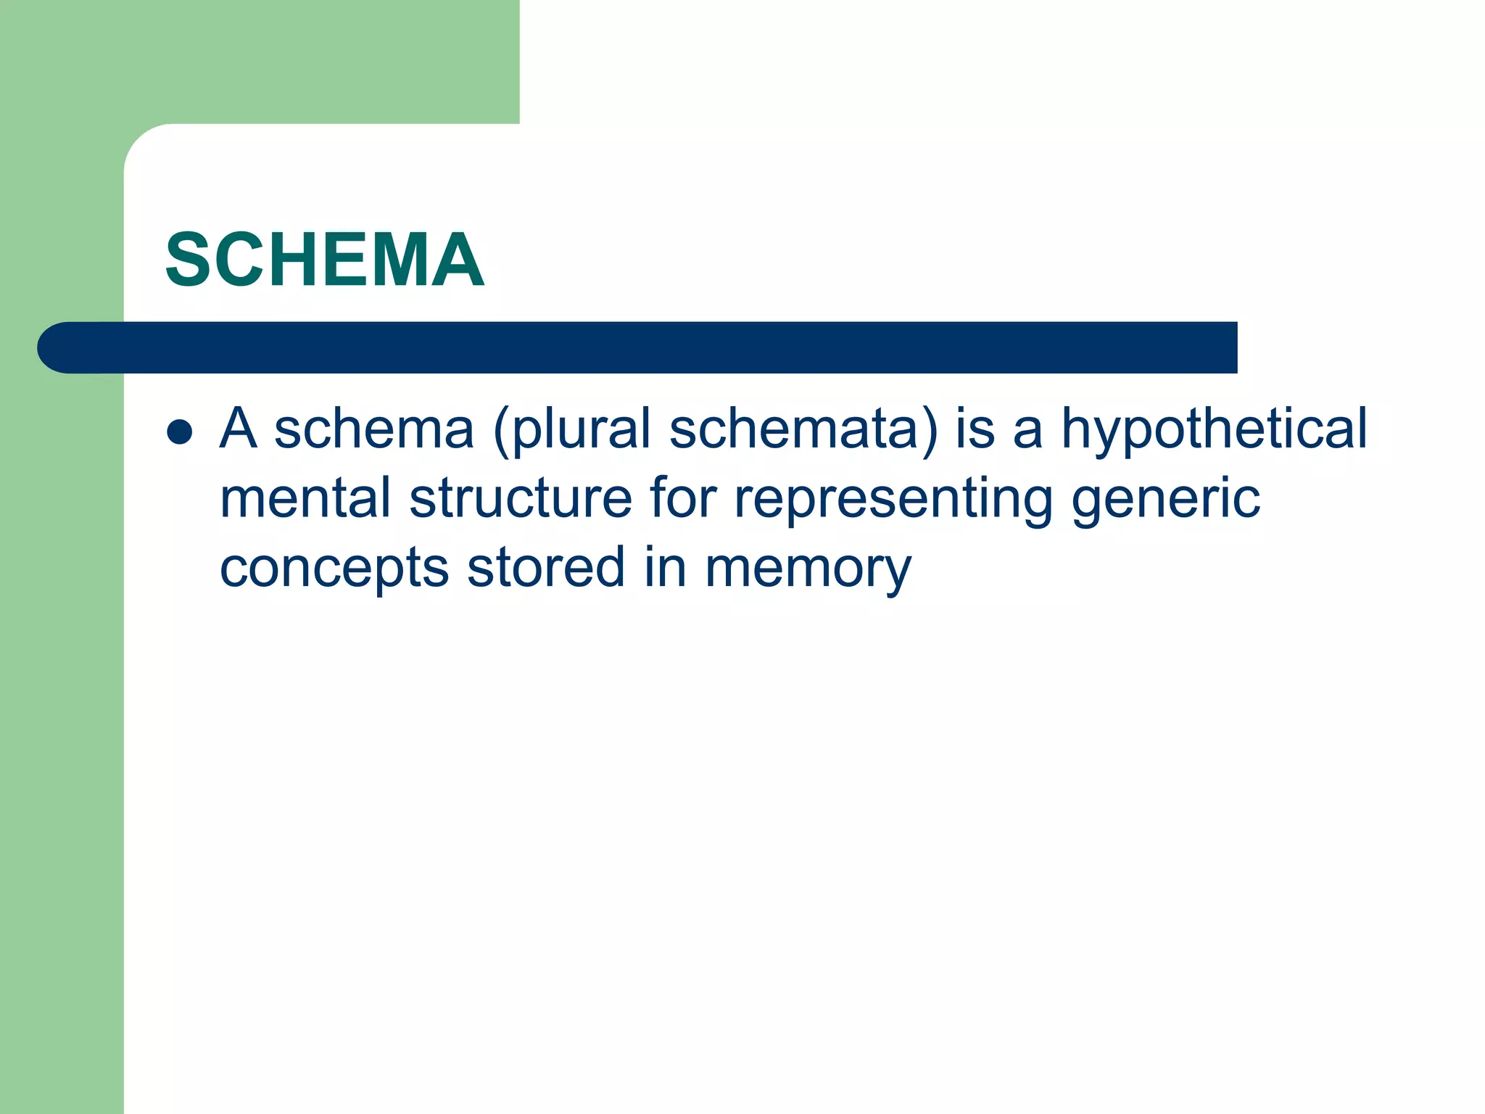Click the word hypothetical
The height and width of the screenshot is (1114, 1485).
(x=1215, y=429)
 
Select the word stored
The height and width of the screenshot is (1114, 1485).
(x=546, y=566)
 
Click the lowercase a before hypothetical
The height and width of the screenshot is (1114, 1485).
(x=1027, y=429)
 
